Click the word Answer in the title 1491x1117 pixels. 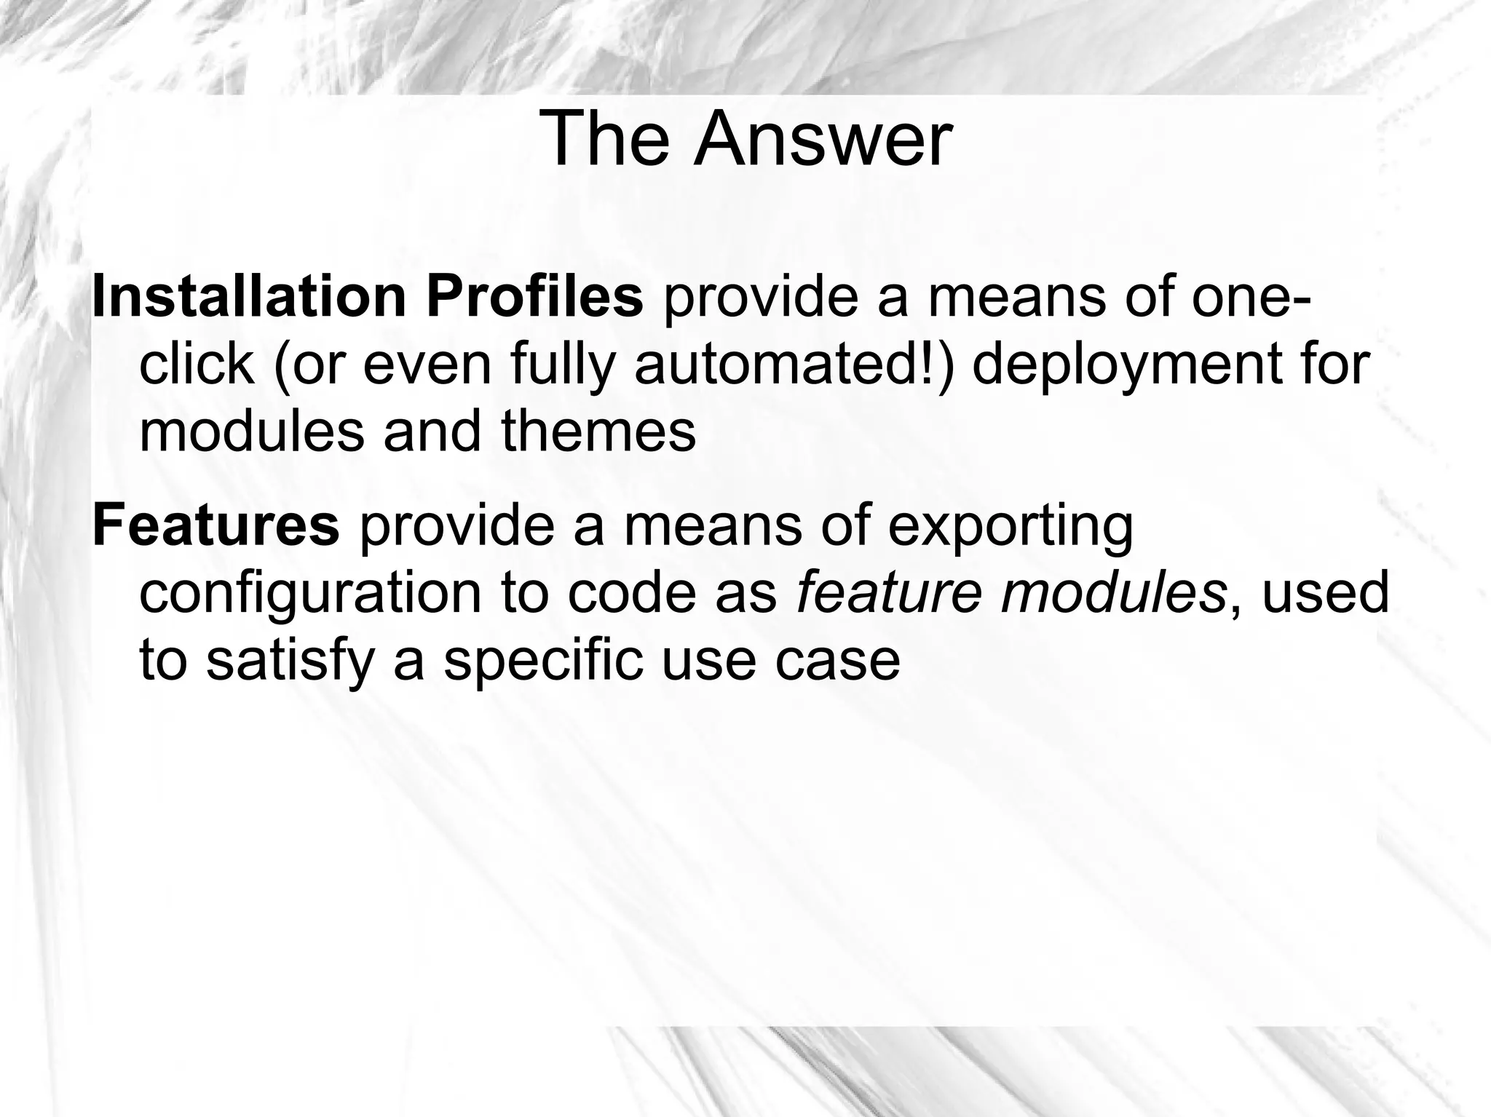(x=822, y=139)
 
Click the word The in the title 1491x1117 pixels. (x=604, y=139)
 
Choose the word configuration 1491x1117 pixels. (x=309, y=592)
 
